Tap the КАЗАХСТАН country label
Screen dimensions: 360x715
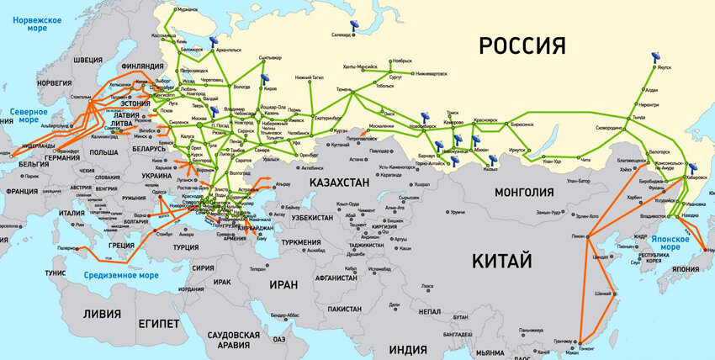pyautogui.click(x=342, y=183)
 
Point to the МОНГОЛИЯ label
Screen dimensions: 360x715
pyautogui.click(x=524, y=192)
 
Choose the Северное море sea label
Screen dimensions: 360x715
pyautogui.click(x=29, y=115)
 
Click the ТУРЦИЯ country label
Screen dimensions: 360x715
pyautogui.click(x=185, y=247)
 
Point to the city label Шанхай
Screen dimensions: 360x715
pyautogui.click(x=602, y=294)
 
